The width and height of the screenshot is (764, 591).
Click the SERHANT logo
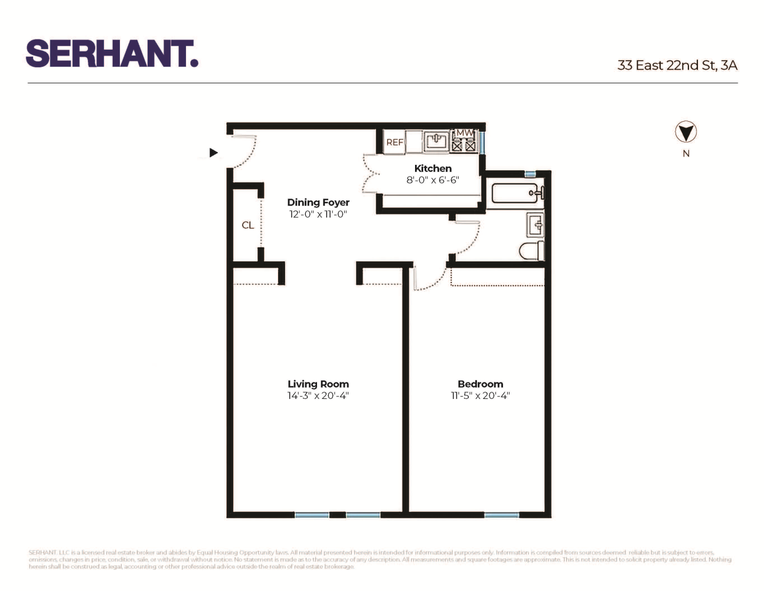click(112, 54)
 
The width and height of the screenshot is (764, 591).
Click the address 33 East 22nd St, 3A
click(677, 65)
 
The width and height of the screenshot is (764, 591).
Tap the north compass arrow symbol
click(685, 132)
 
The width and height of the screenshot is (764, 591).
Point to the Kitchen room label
click(433, 168)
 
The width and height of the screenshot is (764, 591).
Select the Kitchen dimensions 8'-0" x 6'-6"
click(433, 180)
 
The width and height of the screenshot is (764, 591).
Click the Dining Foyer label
click(318, 202)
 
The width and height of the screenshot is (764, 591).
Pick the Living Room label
click(318, 384)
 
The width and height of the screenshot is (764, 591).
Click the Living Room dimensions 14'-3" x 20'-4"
click(318, 396)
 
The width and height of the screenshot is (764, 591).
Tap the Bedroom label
click(481, 384)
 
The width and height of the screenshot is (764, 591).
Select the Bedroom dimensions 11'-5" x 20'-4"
click(481, 396)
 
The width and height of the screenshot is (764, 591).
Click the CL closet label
click(248, 225)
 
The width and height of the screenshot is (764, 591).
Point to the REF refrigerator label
click(394, 142)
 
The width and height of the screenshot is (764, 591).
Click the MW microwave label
click(465, 132)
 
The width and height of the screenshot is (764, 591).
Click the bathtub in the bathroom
click(515, 193)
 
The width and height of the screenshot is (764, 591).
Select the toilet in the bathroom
click(531, 251)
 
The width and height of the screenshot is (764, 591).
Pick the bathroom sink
click(536, 225)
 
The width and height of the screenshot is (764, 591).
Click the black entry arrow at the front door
click(214, 152)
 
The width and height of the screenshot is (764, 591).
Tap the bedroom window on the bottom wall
click(501, 515)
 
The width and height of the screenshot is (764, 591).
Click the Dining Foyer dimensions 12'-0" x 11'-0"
click(318, 215)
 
